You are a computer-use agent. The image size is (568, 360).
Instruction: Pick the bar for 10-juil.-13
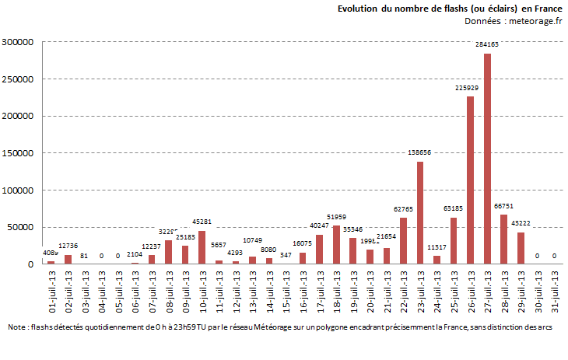tap(202, 247)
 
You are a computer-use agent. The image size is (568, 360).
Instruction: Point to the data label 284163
tap(487, 45)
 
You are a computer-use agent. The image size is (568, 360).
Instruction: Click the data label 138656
tap(420, 153)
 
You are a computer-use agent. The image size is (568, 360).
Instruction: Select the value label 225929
tap(469, 88)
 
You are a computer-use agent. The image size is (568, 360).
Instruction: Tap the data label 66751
tap(504, 206)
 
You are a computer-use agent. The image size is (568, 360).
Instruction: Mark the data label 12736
tap(69, 246)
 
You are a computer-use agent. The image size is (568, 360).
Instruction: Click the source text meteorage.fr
tap(535, 21)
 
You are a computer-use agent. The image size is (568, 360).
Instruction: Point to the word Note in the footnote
tap(18, 327)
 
